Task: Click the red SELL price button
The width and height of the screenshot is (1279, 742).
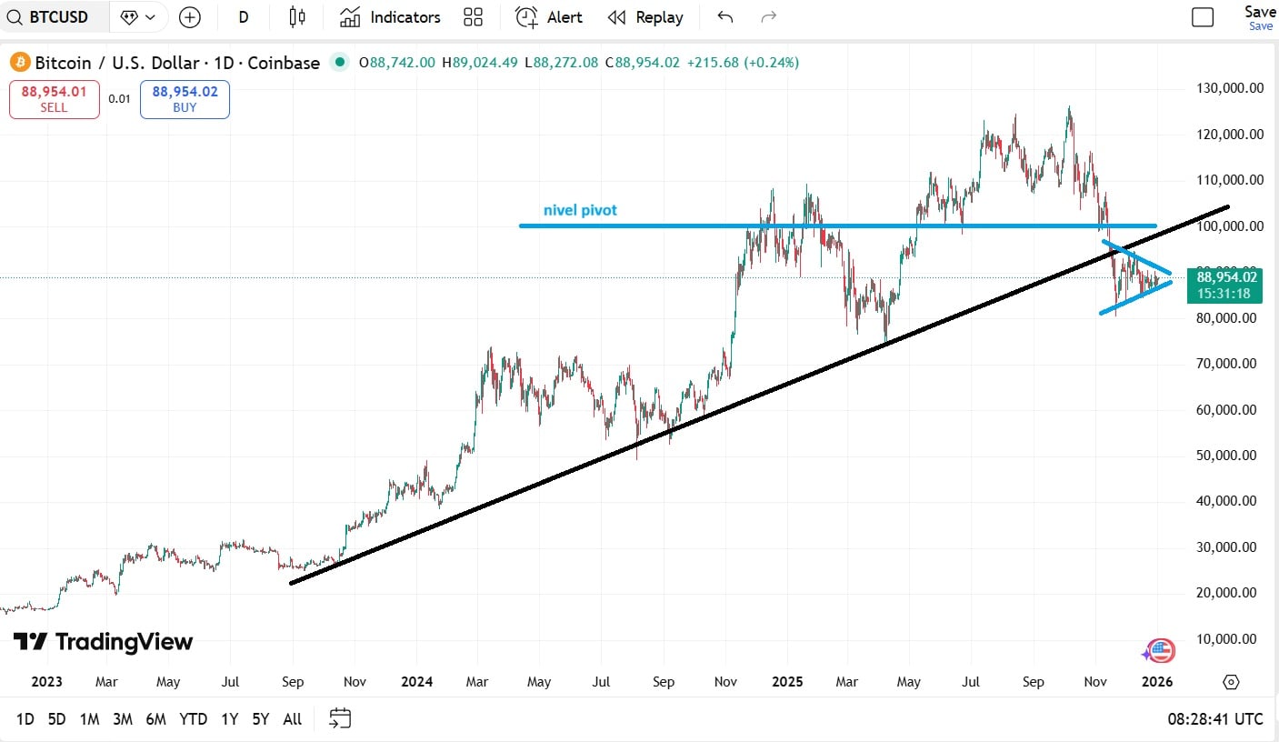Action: point(54,99)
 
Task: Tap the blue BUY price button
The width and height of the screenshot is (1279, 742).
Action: point(185,99)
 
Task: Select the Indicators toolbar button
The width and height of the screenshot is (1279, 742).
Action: point(390,17)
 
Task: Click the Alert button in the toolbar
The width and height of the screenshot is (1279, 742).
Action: point(549,17)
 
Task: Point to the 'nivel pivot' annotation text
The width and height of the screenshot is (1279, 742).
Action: point(580,210)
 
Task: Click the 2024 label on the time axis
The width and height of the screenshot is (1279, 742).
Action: point(416,681)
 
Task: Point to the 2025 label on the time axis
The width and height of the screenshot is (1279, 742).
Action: point(786,681)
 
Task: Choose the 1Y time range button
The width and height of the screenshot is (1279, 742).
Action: point(229,719)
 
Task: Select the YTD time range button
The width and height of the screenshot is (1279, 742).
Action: point(193,719)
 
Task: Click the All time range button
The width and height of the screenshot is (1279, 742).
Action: point(292,719)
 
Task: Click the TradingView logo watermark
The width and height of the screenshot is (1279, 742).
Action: point(103,642)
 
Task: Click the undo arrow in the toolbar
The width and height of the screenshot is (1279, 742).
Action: point(724,17)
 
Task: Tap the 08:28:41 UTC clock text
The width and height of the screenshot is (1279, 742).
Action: point(1215,719)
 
